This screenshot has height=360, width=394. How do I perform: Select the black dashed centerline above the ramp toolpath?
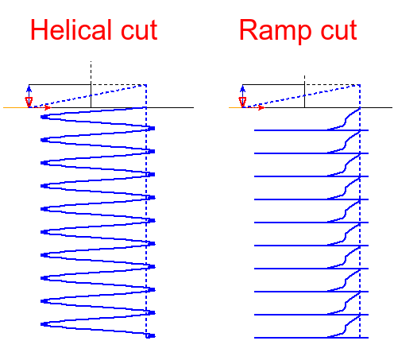pyautogui.click(x=304, y=75)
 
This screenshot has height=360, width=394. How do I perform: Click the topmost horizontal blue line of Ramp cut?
pyautogui.click(x=294, y=130)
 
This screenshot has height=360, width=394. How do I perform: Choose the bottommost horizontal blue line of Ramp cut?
pyautogui.click(x=294, y=338)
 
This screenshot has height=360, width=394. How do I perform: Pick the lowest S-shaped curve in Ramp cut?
pyautogui.click(x=346, y=328)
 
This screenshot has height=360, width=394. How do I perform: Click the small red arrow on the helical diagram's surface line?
pyautogui.click(x=48, y=106)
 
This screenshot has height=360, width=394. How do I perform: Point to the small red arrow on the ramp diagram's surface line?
pyautogui.click(x=261, y=106)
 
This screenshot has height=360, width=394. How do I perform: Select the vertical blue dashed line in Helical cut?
pyautogui.click(x=147, y=223)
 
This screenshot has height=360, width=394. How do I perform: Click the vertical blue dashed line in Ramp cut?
pyautogui.click(x=360, y=223)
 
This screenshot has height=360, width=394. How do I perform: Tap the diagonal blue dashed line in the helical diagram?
pyautogui.click(x=87, y=96)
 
